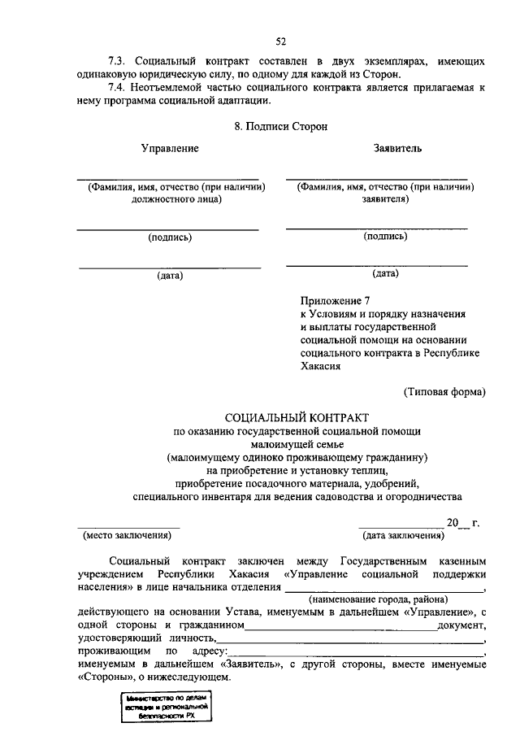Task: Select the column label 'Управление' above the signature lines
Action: click(170, 149)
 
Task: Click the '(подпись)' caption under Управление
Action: click(170, 237)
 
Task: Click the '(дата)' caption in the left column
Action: click(170, 275)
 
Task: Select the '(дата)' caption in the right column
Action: click(385, 274)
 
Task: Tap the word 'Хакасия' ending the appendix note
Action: click(321, 366)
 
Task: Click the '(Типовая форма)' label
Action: click(445, 392)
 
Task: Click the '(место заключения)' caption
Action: click(128, 535)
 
